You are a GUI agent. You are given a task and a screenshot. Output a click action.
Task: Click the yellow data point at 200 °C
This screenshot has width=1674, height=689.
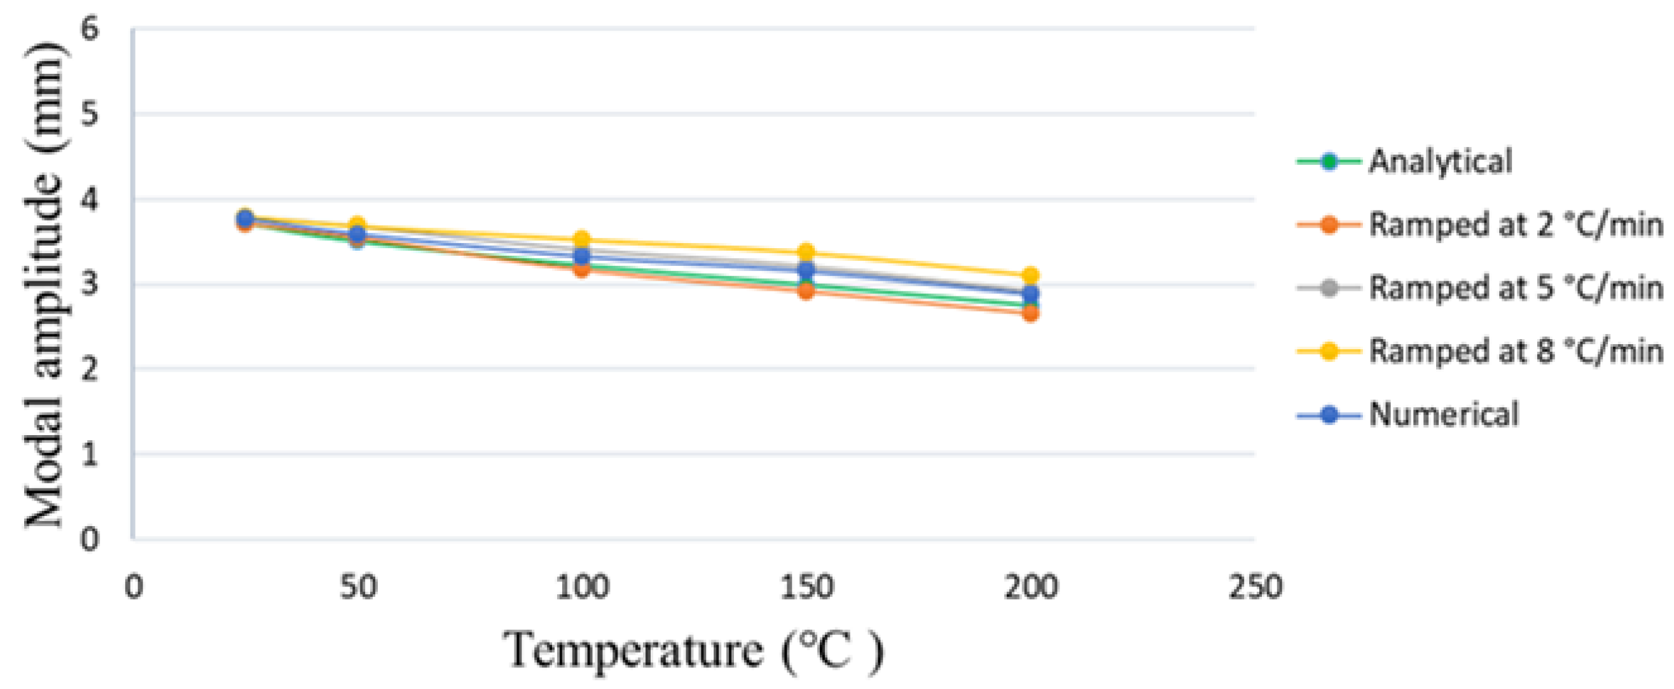[x=1030, y=275]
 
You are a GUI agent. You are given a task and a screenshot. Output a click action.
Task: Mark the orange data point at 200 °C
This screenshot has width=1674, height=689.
[x=1030, y=313]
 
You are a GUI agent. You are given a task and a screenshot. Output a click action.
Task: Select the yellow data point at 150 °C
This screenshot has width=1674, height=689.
[x=806, y=252]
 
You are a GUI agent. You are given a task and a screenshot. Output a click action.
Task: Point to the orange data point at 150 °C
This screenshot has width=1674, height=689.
[x=806, y=291]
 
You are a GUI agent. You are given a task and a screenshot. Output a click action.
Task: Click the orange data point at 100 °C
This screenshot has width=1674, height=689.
[x=581, y=268]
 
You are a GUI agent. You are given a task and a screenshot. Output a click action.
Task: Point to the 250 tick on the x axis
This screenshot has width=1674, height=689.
[x=1254, y=588]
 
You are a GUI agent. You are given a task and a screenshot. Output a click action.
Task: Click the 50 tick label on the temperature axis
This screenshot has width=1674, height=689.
[x=358, y=588]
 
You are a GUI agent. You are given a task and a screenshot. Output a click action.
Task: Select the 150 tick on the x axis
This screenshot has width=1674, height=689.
[x=806, y=588]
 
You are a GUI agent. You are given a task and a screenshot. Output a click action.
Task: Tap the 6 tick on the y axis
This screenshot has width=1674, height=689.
[x=90, y=29]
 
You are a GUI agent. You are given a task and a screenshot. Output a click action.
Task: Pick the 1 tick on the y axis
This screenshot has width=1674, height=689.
[x=90, y=454]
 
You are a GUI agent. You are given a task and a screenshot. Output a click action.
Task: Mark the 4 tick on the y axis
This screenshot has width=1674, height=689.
[x=90, y=200]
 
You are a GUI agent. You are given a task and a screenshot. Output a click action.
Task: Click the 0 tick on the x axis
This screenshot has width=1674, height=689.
[x=134, y=588]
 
